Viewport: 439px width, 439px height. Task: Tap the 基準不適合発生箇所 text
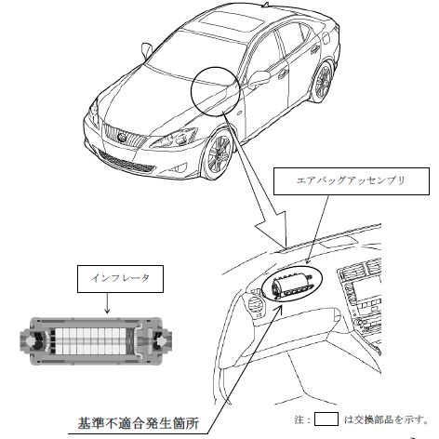pos(138,423)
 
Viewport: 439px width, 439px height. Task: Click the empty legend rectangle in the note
pos(326,419)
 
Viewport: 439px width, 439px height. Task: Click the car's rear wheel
pos(323,82)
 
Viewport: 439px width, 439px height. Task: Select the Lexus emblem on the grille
pos(123,137)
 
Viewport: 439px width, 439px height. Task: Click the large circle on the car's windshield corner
pos(193,93)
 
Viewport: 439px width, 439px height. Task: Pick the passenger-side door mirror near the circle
pos(259,78)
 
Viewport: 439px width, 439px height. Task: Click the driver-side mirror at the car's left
pos(146,50)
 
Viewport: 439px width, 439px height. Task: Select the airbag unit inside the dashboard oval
pos(291,286)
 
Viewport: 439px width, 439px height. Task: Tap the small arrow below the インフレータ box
pos(107,303)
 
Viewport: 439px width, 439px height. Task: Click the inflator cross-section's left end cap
pos(33,340)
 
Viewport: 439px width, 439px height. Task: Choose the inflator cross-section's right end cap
pos(158,340)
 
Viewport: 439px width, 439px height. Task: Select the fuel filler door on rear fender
pos(326,38)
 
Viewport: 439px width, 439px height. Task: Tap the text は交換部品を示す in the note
pos(386,419)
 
